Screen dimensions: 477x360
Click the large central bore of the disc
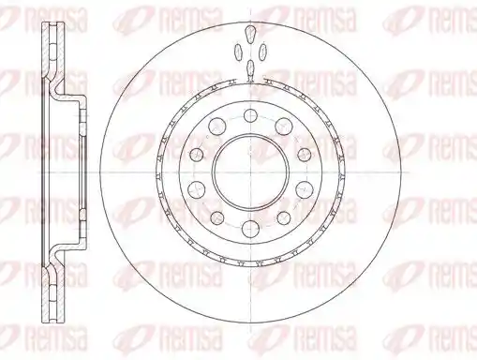pyautogui.click(x=251, y=172)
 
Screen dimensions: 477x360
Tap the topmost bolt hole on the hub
pyautogui.click(x=251, y=116)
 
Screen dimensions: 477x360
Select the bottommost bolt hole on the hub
pyautogui.click(x=251, y=229)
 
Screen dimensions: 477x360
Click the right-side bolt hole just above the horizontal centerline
pyautogui.click(x=304, y=155)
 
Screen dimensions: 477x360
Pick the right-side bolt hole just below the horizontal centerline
pyautogui.click(x=304, y=189)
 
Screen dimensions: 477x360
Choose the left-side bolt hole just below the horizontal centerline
pyautogui.click(x=198, y=189)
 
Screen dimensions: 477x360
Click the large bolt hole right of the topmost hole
pyautogui.click(x=284, y=127)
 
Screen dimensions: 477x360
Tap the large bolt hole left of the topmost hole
pyautogui.click(x=217, y=127)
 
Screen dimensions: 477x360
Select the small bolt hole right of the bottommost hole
pyautogui.click(x=284, y=218)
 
